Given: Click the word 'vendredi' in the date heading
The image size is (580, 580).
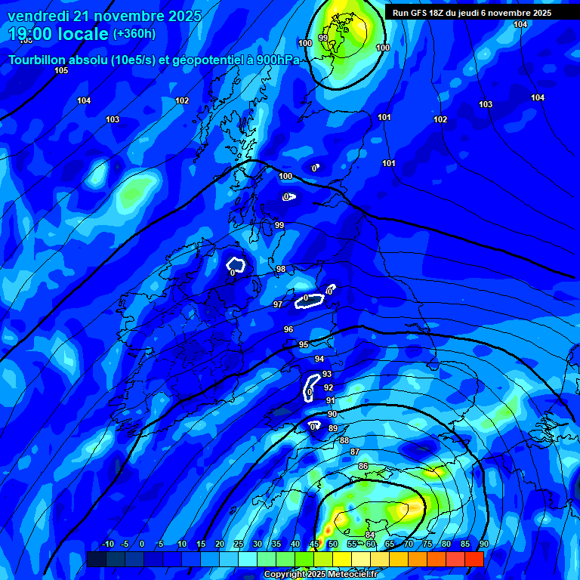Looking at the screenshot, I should [x=37, y=16].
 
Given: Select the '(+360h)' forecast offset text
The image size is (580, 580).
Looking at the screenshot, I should [x=134, y=34].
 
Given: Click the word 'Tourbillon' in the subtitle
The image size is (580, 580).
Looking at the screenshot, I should [x=41, y=59].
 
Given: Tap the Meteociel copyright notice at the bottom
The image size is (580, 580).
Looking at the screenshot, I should [x=320, y=574].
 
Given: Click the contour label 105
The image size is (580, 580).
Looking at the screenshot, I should [x=61, y=70].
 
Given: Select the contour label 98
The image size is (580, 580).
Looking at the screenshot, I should [x=281, y=269].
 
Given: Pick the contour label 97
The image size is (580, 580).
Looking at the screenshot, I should [x=278, y=304].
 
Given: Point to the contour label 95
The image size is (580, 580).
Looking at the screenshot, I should [x=304, y=344].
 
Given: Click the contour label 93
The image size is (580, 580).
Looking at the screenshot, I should [x=327, y=374].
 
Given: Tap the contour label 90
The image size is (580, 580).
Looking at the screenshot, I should [x=332, y=414].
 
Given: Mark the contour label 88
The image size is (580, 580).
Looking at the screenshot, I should [x=344, y=440].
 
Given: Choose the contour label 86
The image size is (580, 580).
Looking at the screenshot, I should [x=362, y=466].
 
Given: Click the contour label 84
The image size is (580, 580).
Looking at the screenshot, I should [x=370, y=535].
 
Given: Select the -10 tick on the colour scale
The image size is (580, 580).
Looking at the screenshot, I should [x=107, y=545].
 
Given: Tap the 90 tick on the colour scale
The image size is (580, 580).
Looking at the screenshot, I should [x=483, y=545].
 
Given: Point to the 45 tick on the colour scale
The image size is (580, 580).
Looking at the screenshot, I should [x=313, y=545].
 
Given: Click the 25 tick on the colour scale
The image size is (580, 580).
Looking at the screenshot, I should [x=238, y=545].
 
